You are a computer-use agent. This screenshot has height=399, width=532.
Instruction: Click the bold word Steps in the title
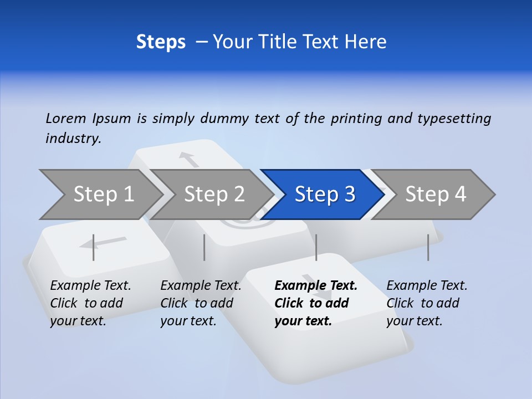[161, 42]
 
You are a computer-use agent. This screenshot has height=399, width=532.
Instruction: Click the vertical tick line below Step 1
[94, 247]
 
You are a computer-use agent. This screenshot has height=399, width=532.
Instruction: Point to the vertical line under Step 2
[204, 247]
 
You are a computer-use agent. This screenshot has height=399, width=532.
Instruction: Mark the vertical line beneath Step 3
[316, 247]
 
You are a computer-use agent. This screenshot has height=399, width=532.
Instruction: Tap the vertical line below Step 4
[428, 247]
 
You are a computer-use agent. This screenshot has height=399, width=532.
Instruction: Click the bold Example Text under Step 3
[316, 286]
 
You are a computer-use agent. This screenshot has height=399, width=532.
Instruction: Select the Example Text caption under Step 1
[90, 286]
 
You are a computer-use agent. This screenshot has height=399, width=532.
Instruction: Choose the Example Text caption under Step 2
[201, 286]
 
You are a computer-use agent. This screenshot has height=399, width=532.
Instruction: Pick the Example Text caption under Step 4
[427, 286]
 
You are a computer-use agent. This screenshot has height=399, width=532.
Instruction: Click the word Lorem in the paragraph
[66, 118]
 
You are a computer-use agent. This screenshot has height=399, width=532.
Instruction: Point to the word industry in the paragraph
[73, 139]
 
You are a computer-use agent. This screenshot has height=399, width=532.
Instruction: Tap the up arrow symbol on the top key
[189, 159]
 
